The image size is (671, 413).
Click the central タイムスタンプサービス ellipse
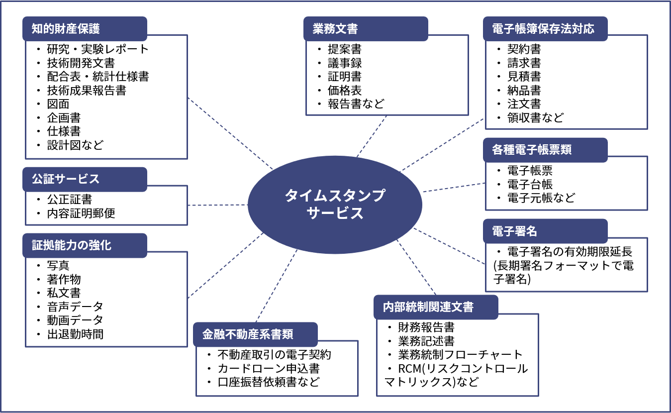tap(335, 204)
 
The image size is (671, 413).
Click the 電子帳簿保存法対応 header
tap(545, 29)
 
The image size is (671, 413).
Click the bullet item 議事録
tap(344, 63)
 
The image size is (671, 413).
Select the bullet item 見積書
tap(524, 77)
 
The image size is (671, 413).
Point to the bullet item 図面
tap(58, 104)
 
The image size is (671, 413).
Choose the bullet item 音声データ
tap(75, 307)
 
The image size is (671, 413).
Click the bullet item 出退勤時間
tap(75, 334)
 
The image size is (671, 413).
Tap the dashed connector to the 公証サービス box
tap(217, 205)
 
